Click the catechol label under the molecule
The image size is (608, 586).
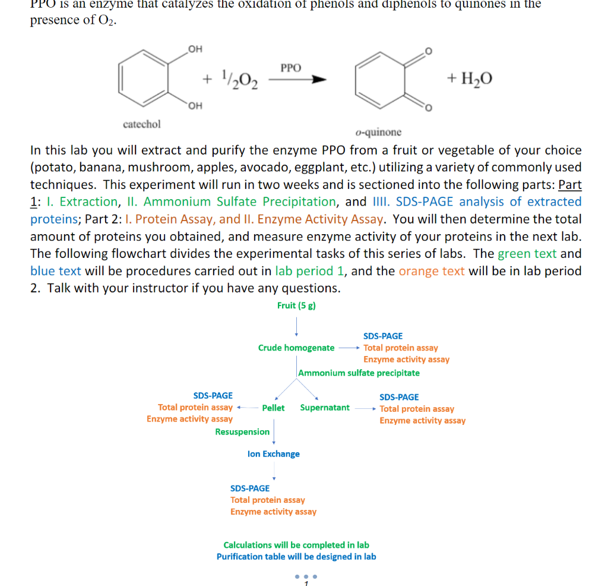(141, 124)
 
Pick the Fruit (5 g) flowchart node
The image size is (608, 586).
(296, 305)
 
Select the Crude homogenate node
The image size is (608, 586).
(296, 348)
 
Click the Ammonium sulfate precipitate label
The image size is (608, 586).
(359, 373)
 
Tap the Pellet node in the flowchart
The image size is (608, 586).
(273, 408)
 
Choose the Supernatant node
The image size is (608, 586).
(325, 408)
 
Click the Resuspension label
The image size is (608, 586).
(242, 432)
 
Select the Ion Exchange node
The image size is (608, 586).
(273, 454)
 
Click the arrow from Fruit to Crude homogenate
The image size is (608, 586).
(296, 326)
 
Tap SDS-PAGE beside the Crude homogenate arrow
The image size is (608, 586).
(383, 336)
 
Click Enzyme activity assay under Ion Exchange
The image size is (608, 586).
(273, 512)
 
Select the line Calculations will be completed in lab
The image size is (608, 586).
(296, 545)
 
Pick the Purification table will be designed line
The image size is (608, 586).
(296, 557)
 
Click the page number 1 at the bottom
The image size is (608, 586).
(306, 583)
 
